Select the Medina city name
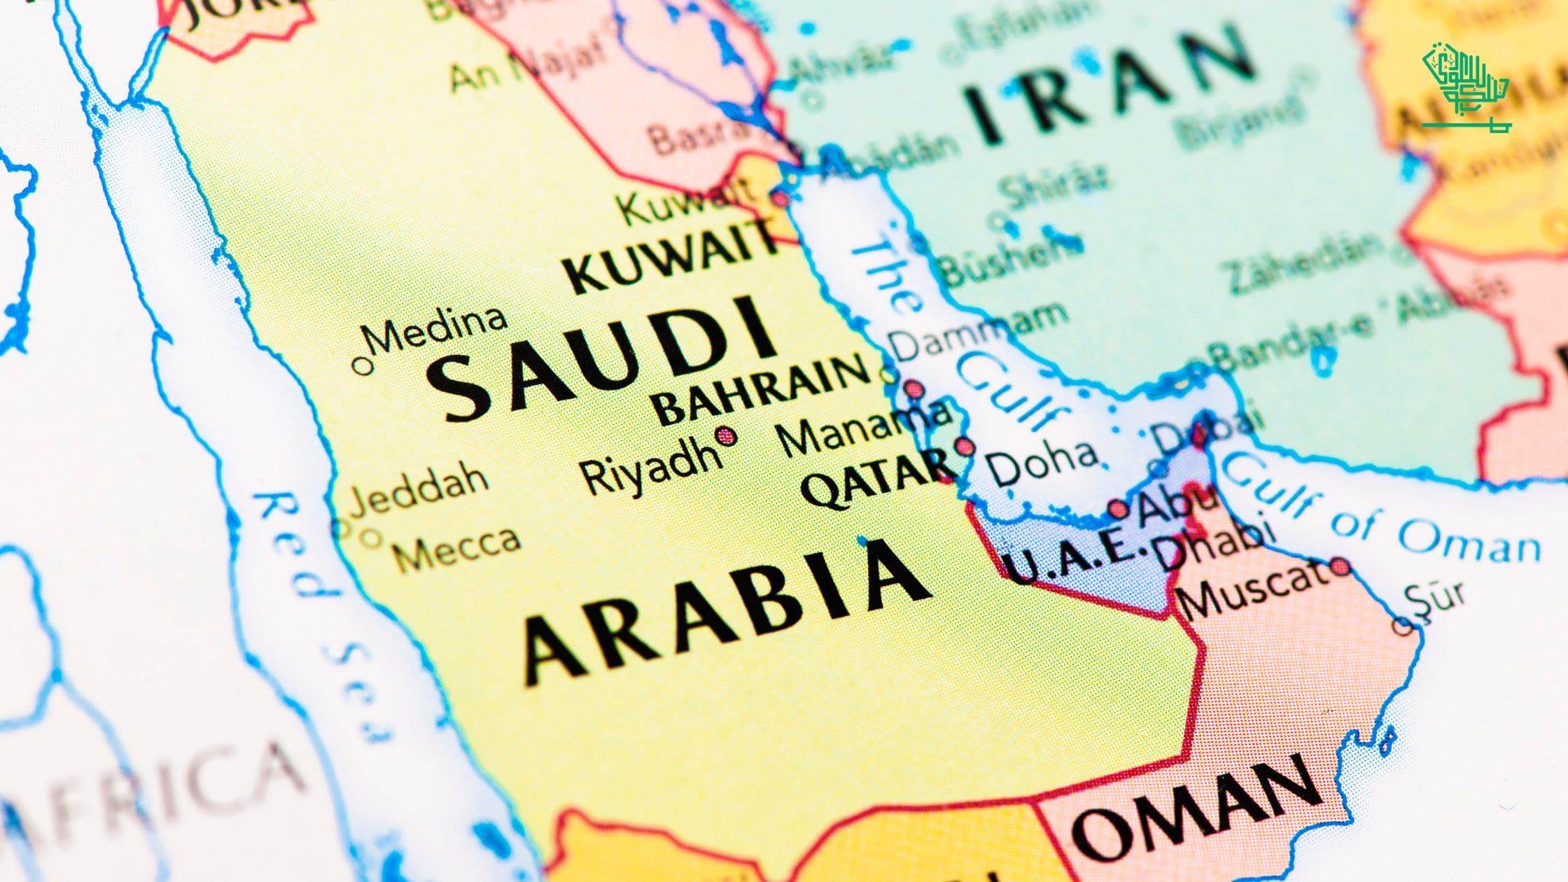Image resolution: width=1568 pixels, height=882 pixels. tap(437, 329)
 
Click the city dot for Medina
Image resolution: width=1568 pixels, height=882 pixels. tap(362, 365)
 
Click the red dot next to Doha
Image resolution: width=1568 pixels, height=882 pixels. tap(964, 446)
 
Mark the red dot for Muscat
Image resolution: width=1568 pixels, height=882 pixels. tap(1340, 566)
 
